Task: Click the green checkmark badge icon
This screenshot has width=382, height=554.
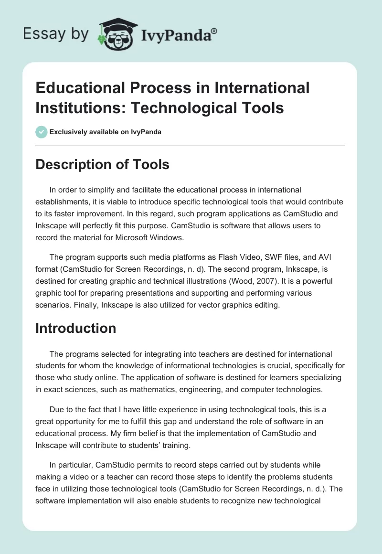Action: coord(42,132)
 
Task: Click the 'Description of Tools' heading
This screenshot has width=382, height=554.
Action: coord(102,164)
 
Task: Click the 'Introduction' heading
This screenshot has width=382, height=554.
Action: coord(75,328)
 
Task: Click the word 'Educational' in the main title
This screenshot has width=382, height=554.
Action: coord(85,88)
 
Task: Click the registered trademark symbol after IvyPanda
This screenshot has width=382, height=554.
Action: coord(214,31)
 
